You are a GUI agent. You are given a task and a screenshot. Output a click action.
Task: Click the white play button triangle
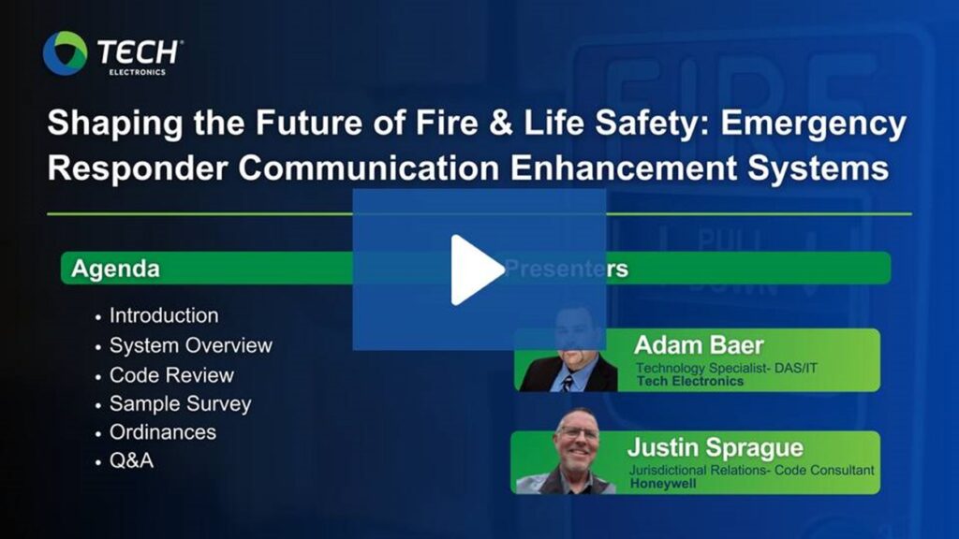tap(475, 269)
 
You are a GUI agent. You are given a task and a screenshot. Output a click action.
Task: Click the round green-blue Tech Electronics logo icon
tap(66, 53)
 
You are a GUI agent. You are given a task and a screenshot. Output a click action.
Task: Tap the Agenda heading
tap(115, 269)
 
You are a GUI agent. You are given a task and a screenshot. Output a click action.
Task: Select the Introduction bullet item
tap(164, 315)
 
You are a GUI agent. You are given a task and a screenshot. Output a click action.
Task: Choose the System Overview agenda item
tap(191, 345)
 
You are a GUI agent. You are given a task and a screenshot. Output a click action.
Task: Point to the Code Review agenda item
tap(172, 374)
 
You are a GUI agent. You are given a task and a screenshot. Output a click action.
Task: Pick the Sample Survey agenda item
tap(181, 404)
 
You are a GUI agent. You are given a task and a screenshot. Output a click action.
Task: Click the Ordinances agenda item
tap(163, 432)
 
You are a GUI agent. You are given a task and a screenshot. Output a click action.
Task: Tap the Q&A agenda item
tap(131, 460)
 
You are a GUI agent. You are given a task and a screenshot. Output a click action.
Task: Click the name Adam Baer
tap(699, 345)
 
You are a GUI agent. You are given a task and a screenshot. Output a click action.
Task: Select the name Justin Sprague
tap(715, 448)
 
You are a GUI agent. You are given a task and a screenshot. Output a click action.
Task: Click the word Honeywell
tap(663, 484)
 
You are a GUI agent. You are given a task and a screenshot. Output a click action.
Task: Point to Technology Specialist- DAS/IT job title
tap(727, 368)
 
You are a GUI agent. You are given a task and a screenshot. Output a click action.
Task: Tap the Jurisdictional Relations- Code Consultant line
tap(752, 470)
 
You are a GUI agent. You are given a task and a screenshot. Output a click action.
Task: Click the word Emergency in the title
tap(814, 123)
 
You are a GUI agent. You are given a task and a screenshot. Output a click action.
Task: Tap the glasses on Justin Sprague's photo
tap(578, 432)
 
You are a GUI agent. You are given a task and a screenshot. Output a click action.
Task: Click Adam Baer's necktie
tap(568, 383)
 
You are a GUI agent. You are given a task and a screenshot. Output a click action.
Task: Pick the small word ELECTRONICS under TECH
tap(137, 72)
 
